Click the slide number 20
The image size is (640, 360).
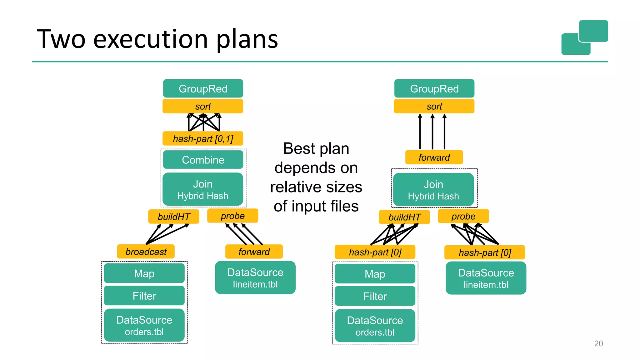click(598, 343)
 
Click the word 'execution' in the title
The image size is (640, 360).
click(151, 39)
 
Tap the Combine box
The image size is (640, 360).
click(203, 160)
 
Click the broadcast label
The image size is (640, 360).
click(146, 252)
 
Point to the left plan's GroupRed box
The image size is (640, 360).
click(203, 89)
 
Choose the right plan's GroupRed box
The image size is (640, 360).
click(434, 89)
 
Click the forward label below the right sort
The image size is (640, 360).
click(434, 157)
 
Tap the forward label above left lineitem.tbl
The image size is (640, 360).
click(254, 252)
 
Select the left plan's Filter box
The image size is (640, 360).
click(144, 296)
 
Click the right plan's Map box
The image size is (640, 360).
click(375, 274)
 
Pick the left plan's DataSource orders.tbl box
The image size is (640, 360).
click(144, 325)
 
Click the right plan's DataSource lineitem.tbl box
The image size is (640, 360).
click(486, 278)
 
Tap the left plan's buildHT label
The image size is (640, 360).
click(174, 217)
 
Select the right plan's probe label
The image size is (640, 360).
click(463, 216)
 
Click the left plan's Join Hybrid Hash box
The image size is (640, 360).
click(203, 189)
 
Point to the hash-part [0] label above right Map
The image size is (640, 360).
click(375, 252)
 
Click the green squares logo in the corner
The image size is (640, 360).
click(584, 37)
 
